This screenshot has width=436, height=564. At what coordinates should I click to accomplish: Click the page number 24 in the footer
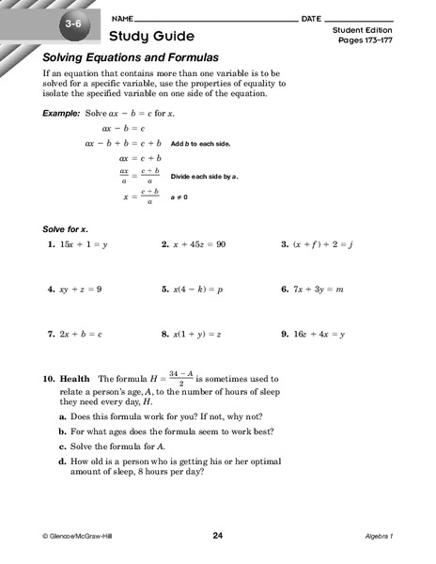pyautogui.click(x=218, y=536)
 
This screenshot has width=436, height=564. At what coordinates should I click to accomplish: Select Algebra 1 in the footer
pyautogui.click(x=381, y=537)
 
